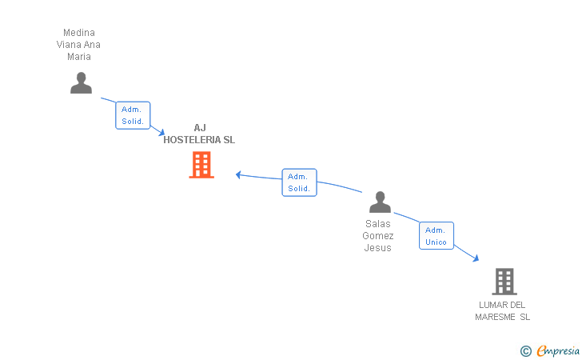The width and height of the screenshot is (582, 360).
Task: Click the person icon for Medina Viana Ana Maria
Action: tap(81, 83)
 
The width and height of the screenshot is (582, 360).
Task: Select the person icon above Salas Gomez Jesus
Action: tap(380, 202)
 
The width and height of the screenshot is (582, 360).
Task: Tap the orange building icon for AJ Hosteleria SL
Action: tap(201, 165)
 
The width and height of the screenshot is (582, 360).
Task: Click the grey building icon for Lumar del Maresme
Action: tap(504, 281)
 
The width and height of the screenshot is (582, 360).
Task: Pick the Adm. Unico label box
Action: tap(436, 235)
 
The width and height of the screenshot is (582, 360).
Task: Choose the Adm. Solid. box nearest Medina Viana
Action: tap(133, 115)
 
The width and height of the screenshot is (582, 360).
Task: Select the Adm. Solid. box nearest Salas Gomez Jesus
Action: tap(299, 182)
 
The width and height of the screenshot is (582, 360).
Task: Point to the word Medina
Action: tap(78, 33)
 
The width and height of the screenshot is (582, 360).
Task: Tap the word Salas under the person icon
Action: tap(378, 224)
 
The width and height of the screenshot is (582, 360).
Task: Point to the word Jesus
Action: tap(378, 248)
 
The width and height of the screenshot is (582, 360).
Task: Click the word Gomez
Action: tap(378, 236)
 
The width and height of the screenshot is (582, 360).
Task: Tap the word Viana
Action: tap(70, 45)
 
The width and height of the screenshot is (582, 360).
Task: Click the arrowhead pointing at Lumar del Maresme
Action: tap(476, 258)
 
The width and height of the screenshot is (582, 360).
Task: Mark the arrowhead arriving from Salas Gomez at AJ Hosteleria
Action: tap(238, 174)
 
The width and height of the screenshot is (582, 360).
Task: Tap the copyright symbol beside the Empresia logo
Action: tap(525, 350)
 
